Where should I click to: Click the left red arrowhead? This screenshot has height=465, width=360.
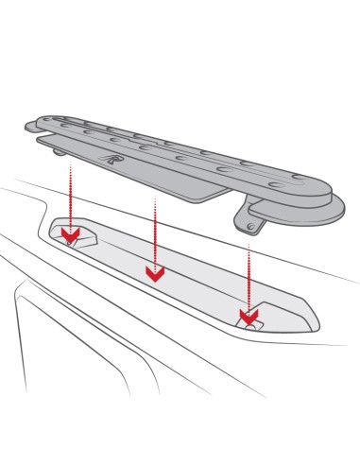coord(68,232)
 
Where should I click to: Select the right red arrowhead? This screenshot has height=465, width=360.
coord(249,315)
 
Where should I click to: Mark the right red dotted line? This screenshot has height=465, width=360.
coord(249,274)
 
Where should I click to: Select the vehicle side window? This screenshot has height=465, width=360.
coord(57,378)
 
